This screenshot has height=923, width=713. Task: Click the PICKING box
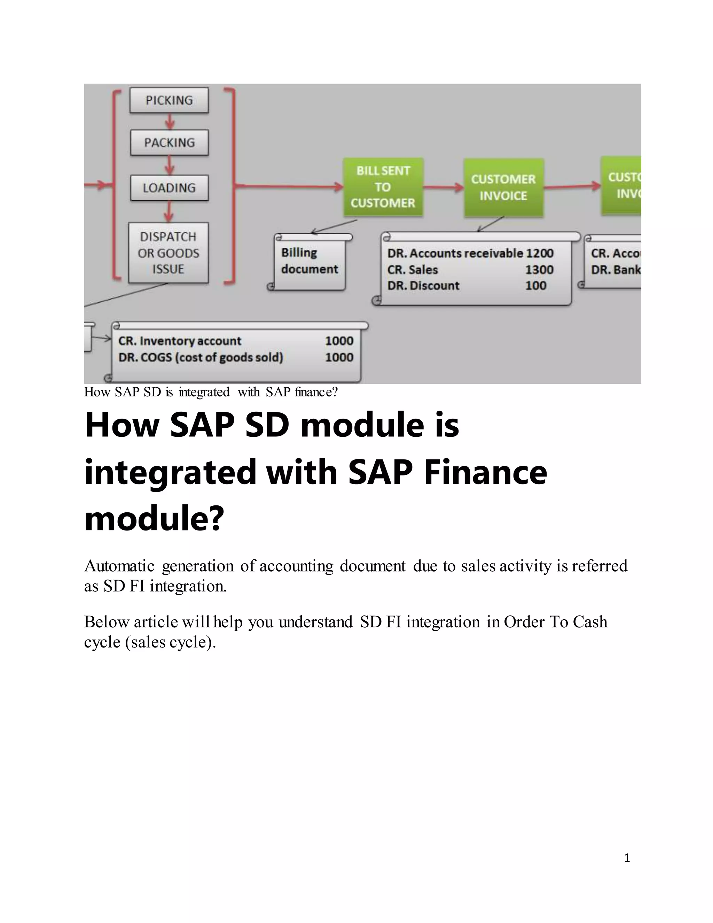coord(169,100)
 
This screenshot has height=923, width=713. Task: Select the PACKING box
coord(170,143)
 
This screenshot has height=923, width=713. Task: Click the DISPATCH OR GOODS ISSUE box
coord(168,253)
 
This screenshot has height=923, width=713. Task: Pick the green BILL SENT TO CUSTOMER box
coord(383,187)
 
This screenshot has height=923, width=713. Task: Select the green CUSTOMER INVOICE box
coord(503,187)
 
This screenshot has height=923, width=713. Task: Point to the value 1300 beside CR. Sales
coord(539,270)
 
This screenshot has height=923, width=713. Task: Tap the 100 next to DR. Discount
coord(535,286)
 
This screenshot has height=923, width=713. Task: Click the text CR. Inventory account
coord(180,341)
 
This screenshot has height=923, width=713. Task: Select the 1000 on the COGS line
coord(339,358)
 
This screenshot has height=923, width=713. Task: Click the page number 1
coord(627,858)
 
